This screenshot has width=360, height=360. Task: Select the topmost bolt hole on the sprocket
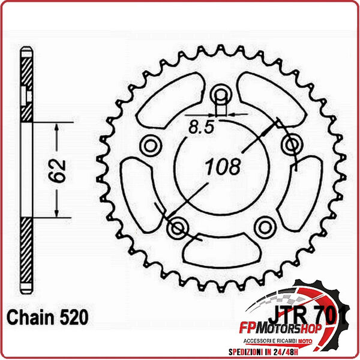220,94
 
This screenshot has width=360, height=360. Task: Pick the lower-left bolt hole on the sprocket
177,227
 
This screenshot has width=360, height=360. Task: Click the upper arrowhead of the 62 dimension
56,128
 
